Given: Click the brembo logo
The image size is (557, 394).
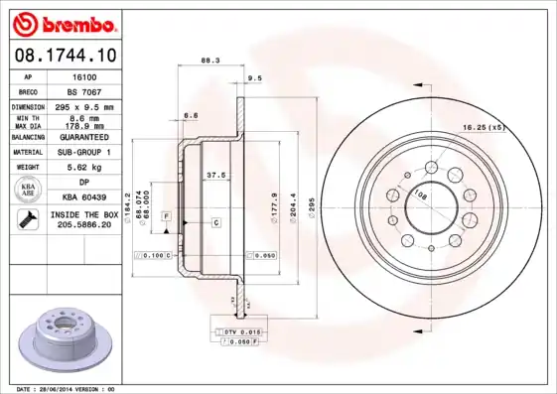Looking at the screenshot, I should tap(63, 21).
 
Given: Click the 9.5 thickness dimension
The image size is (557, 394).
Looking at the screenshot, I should tap(254, 77).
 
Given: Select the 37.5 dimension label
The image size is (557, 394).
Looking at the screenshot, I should tap(214, 175).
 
